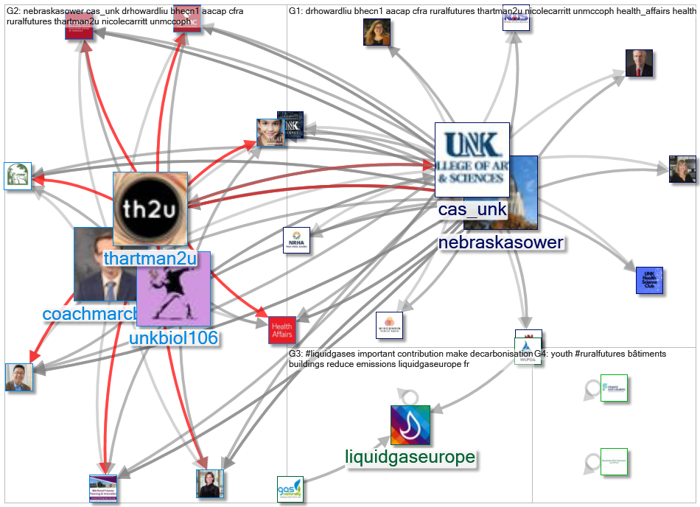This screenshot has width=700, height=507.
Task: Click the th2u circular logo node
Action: [150, 208]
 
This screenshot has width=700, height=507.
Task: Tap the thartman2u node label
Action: [150, 259]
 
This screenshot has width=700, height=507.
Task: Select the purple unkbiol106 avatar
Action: [174, 289]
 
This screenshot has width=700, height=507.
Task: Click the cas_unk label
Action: [472, 209]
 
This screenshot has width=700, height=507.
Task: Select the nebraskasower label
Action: [501, 242]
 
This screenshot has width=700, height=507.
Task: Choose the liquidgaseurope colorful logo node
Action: [410, 425]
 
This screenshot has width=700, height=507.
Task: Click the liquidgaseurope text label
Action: [410, 458]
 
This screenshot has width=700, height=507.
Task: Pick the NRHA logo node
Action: [296, 240]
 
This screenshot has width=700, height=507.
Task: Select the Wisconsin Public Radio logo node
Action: [389, 325]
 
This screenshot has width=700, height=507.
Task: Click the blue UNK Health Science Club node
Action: [649, 281]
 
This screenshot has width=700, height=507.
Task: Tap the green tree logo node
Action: [18, 175]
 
